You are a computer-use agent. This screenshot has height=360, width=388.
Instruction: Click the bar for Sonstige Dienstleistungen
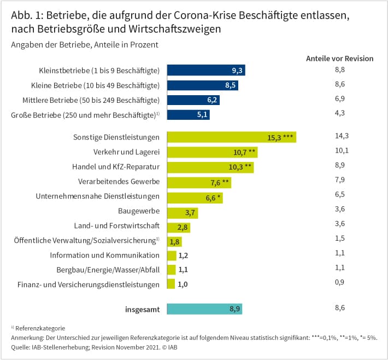pos(232,137)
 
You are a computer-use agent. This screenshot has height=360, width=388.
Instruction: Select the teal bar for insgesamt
pos(204,309)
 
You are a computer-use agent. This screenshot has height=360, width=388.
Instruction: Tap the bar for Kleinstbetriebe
pos(206,70)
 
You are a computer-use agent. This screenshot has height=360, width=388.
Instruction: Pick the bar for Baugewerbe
pos(183,213)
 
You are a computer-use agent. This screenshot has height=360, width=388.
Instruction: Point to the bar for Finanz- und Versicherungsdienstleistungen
pos(171,284)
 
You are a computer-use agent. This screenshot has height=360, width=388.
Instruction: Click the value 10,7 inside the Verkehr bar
pos(240,153)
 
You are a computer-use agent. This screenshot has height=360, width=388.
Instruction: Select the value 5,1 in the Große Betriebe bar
pos(202,115)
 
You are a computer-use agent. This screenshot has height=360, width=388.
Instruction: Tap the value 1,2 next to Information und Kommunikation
pos(184,256)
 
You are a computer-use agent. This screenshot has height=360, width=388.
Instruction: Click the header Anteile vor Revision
pos(339,59)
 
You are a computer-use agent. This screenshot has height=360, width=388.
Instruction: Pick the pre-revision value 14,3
pos(342,136)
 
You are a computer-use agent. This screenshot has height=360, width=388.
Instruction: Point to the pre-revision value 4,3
pos(340,113)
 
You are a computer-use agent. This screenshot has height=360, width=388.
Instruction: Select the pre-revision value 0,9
pos(339,282)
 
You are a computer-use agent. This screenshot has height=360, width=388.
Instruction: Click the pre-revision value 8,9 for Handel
pos(340,165)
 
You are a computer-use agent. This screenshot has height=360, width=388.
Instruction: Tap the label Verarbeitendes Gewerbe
pos(119,181)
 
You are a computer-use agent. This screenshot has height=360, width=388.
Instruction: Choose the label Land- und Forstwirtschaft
pos(117,226)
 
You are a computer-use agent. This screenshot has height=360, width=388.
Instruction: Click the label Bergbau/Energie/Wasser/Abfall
pos(108,270)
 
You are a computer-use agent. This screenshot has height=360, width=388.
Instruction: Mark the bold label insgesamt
pos(143,310)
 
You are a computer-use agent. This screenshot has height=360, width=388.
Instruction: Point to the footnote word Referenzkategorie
pos(40,328)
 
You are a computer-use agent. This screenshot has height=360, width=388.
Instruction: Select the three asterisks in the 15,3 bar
pos(288,137)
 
